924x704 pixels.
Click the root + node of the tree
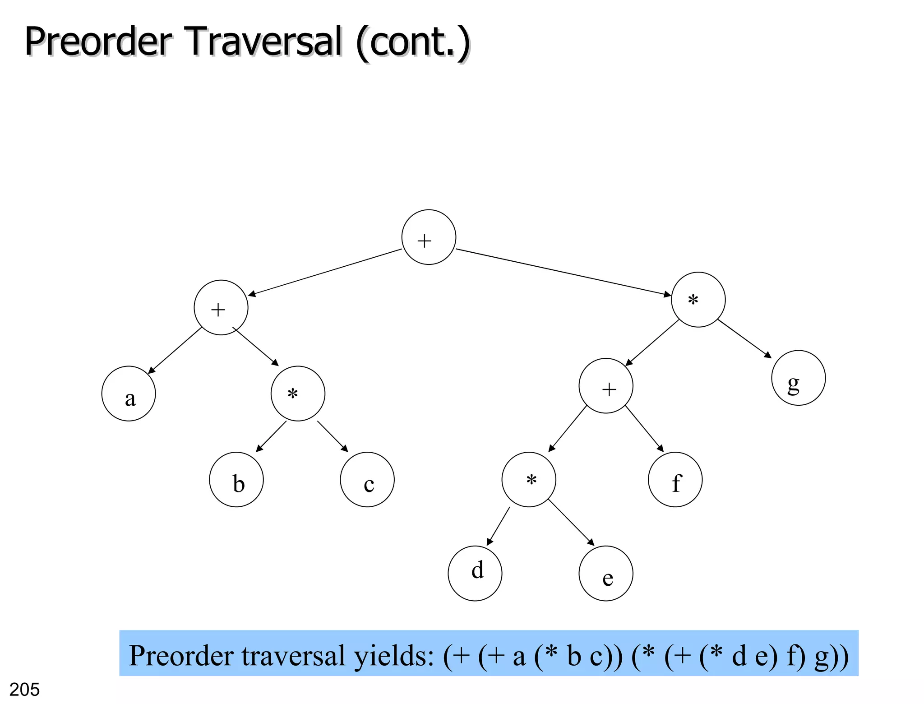429,237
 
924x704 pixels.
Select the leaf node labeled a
129,394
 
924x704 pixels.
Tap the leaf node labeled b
236,479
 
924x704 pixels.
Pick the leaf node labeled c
367,479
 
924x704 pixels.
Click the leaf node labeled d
475,573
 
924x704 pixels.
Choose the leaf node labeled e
605,573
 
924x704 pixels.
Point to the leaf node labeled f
675,479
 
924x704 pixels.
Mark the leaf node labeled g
798,378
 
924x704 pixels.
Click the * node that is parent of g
698,299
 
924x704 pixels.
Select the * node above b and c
298,394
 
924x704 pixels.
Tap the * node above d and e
529,479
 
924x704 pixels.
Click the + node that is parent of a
221,307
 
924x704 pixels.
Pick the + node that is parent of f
606,385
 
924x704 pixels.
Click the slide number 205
24,690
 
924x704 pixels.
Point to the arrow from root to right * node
564,273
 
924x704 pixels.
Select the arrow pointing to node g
744,338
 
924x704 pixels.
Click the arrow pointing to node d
498,526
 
